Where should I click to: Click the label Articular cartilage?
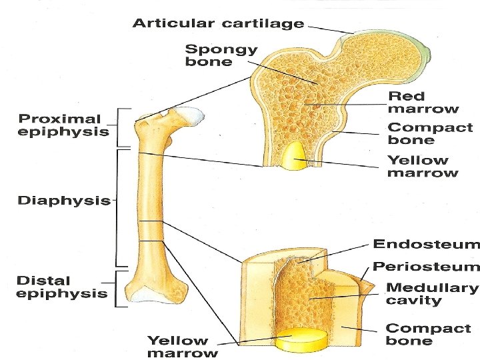click(x=218, y=23)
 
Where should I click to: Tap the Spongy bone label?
click(x=221, y=55)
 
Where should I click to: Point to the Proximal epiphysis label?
click(x=63, y=125)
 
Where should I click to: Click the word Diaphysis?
click(x=64, y=200)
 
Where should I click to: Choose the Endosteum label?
click(x=425, y=244)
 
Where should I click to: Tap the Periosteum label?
click(x=425, y=267)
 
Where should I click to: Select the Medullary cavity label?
click(x=432, y=294)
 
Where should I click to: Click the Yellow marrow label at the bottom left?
click(x=182, y=347)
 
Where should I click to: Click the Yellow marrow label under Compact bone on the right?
click(x=423, y=166)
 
